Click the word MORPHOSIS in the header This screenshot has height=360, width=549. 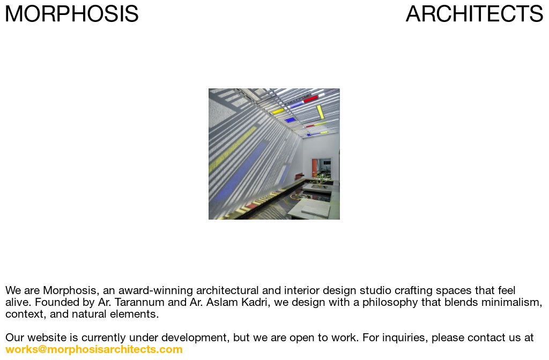tap(71, 14)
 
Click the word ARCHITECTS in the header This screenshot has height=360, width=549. tap(474, 14)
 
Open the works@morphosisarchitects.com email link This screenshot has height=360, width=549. tap(94, 350)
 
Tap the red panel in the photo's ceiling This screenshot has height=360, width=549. tap(310, 99)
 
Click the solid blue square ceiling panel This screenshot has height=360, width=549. tap(290, 120)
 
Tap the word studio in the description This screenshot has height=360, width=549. tap(375, 291)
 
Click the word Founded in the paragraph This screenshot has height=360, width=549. tap(58, 303)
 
